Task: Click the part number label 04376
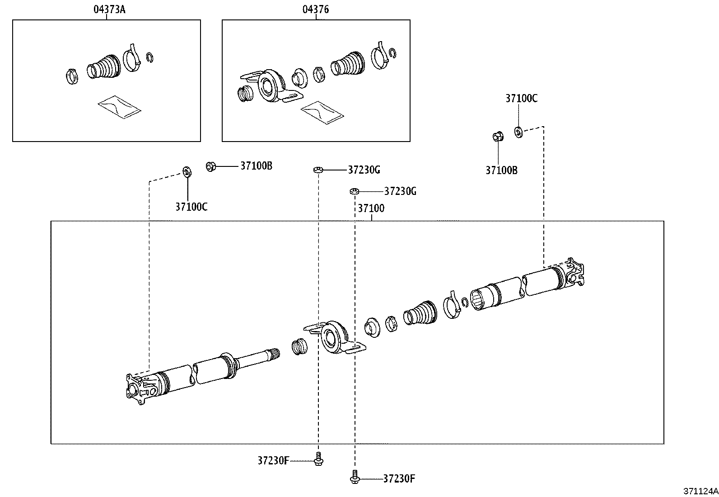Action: tap(316, 9)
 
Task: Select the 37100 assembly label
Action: tap(371, 208)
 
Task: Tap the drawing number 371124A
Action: tap(700, 491)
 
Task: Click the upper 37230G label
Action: tap(364, 170)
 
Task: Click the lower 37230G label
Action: tap(400, 191)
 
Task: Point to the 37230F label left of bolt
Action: tap(273, 460)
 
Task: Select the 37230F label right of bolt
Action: tap(399, 478)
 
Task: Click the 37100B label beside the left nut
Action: tap(256, 166)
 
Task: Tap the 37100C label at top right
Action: tap(521, 99)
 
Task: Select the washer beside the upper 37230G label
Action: tap(317, 170)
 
